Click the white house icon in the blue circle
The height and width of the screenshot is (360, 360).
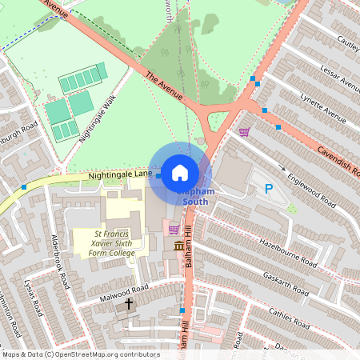click(180, 172)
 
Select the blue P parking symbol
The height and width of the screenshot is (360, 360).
click(268, 190)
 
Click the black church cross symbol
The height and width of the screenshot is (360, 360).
click(129, 305)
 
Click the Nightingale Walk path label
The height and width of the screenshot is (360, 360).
click(98, 117)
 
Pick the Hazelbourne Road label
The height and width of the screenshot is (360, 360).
click(285, 253)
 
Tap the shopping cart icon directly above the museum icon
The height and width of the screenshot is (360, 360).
click(174, 230)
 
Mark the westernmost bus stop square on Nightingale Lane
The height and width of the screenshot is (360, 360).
click(24, 186)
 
